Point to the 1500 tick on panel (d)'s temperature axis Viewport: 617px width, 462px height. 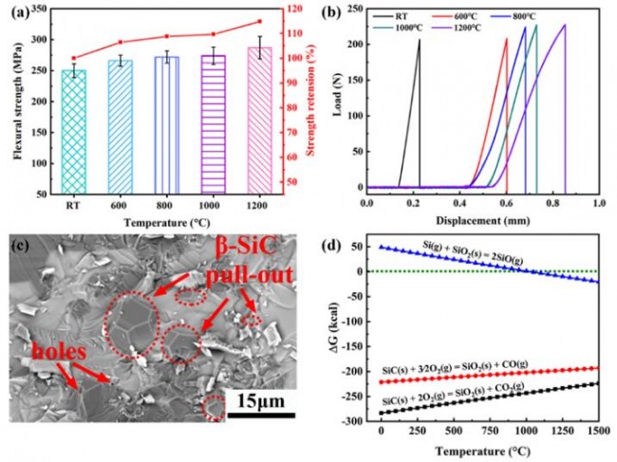coord(595,431)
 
